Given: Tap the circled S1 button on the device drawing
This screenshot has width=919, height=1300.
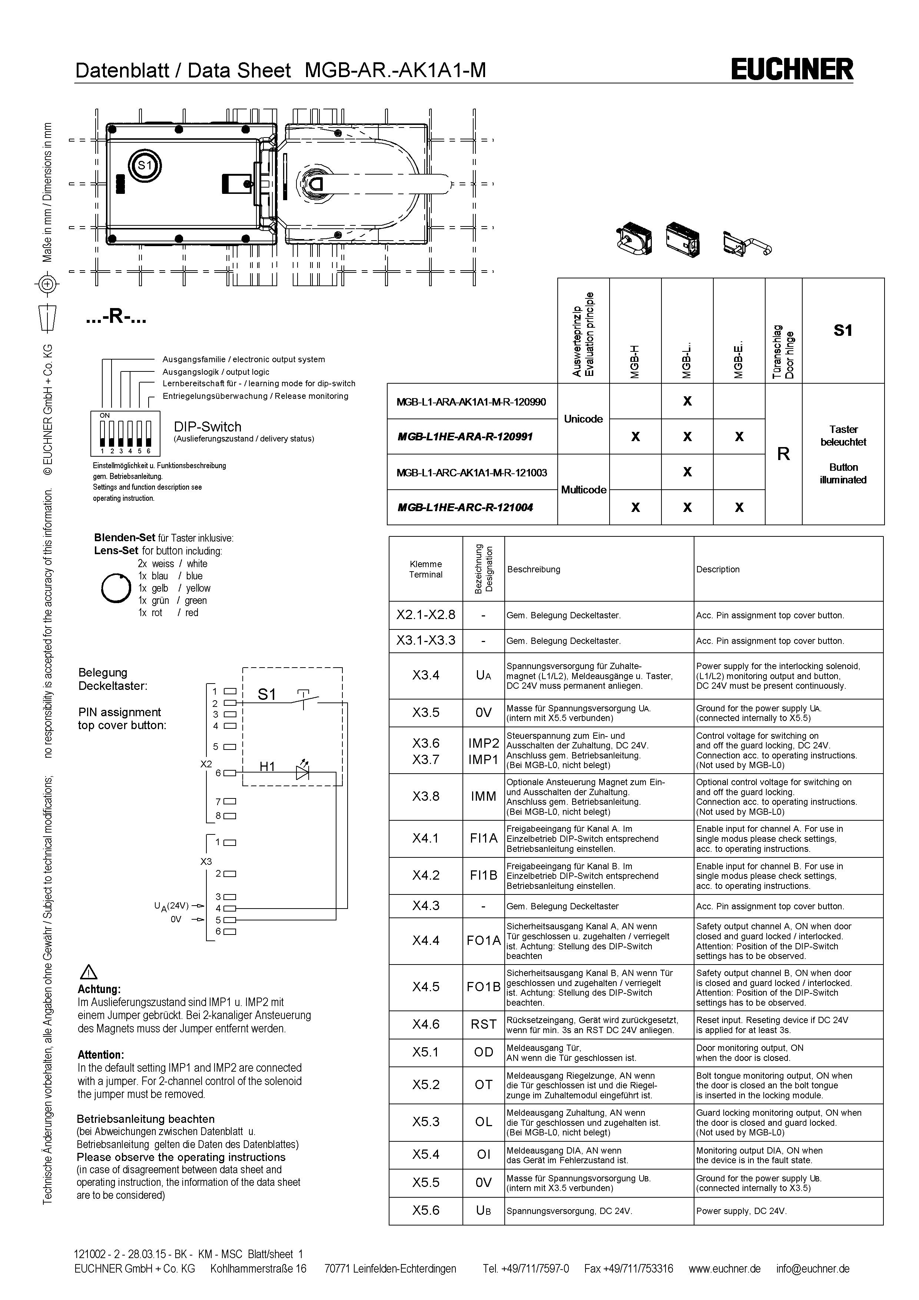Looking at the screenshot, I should pyautogui.click(x=145, y=165).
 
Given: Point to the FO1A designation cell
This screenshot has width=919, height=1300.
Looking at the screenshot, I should pyautogui.click(x=483, y=940).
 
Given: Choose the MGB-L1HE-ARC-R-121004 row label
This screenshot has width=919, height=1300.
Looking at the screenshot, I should pyautogui.click(x=465, y=507).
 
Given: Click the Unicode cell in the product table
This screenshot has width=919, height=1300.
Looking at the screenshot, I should pyautogui.click(x=583, y=419).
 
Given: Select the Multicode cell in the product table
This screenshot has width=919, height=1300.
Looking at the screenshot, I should pyautogui.click(x=583, y=490).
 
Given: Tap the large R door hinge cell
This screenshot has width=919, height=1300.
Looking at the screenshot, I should pyautogui.click(x=783, y=454).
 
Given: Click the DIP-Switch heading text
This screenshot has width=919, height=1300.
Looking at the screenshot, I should pyautogui.click(x=208, y=427).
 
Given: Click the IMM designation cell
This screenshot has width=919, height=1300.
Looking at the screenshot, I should pyautogui.click(x=483, y=796).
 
